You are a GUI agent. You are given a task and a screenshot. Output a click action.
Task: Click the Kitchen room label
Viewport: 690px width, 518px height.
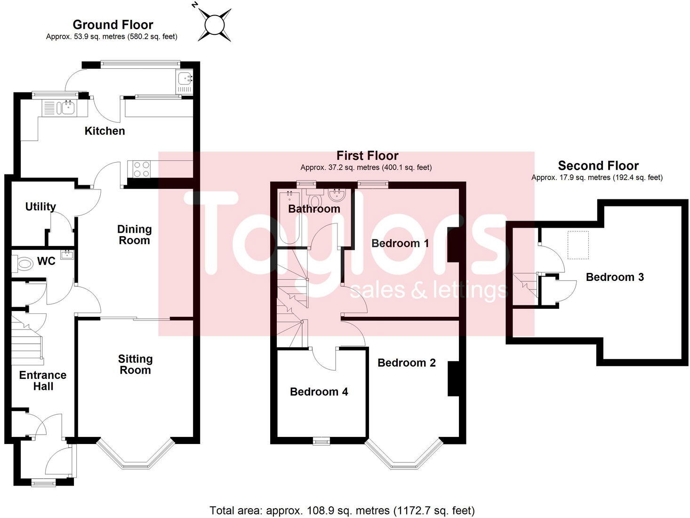(x=104, y=131)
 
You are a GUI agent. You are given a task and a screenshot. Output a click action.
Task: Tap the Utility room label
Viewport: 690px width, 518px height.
(x=40, y=206)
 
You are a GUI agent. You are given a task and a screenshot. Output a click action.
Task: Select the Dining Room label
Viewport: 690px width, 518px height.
(x=134, y=235)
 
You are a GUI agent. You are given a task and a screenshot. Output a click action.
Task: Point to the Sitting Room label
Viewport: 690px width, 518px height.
(x=135, y=364)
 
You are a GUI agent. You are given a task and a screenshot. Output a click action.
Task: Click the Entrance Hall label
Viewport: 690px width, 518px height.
(x=43, y=380)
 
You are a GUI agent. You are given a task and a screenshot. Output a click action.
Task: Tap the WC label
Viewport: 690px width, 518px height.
(x=46, y=261)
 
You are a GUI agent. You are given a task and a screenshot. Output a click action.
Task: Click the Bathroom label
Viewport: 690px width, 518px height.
(x=314, y=209)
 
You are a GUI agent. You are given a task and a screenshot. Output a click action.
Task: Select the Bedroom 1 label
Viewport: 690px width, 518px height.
(x=400, y=243)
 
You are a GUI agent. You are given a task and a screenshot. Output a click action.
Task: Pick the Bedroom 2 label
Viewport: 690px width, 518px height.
(x=407, y=362)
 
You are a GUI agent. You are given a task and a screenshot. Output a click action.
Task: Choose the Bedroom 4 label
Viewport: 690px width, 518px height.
(x=319, y=392)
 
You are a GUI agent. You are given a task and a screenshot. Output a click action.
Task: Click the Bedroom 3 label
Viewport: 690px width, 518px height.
(x=615, y=277)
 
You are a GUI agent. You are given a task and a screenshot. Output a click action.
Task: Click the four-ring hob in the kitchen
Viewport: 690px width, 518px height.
(x=141, y=169)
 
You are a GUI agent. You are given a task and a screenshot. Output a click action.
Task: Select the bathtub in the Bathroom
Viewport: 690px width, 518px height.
(x=288, y=217)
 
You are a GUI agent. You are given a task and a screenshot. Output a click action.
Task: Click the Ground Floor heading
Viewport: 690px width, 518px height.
(x=113, y=25)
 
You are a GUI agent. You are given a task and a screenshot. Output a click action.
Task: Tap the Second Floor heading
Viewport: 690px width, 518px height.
(x=598, y=165)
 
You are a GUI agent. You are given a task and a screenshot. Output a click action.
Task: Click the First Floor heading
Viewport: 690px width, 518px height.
(x=367, y=156)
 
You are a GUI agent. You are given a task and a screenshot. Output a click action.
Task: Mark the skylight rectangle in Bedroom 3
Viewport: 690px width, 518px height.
(x=578, y=245)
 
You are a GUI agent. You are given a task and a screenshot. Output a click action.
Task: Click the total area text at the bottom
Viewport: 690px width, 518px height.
(x=342, y=510)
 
